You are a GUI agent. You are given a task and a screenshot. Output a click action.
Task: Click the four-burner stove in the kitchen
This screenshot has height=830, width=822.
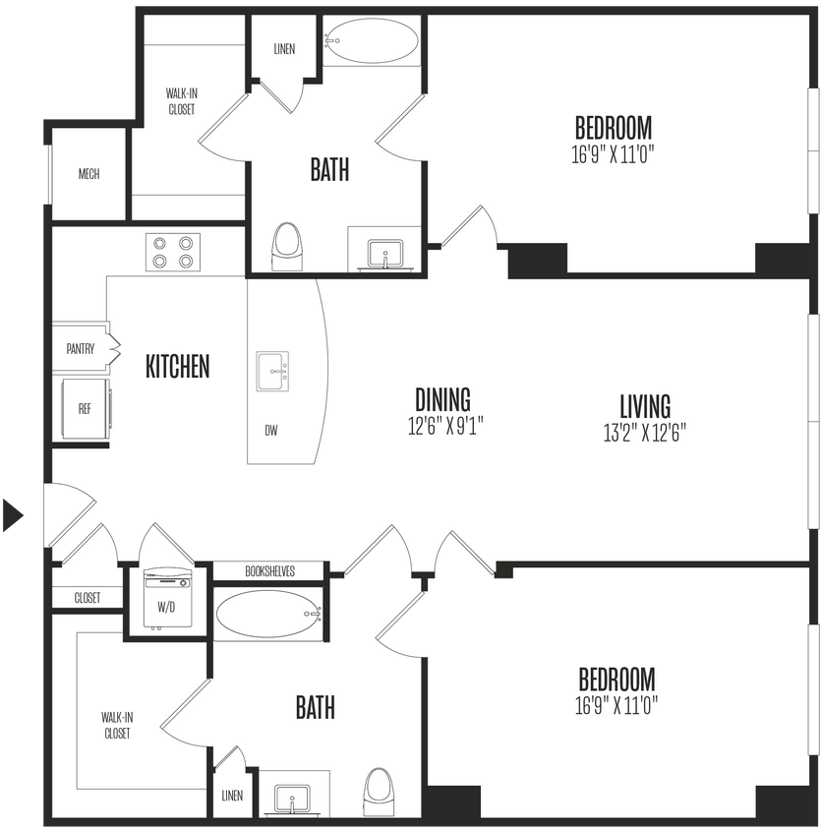(172, 252)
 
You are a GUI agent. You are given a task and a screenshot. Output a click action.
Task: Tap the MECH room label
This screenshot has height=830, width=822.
(88, 174)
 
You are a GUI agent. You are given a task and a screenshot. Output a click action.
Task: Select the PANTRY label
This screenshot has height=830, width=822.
(81, 348)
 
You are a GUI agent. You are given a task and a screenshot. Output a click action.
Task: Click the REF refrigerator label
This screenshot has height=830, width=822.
(85, 408)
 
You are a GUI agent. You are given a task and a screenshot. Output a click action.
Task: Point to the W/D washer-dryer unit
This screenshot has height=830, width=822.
(164, 598)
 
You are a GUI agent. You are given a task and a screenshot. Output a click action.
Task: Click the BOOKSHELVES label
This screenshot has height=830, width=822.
(267, 570)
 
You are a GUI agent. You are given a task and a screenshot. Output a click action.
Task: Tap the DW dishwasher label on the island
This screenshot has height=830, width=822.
(270, 430)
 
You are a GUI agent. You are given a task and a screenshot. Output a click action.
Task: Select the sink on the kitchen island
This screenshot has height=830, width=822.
(273, 371)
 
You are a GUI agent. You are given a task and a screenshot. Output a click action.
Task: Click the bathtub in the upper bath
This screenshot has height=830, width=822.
(372, 41)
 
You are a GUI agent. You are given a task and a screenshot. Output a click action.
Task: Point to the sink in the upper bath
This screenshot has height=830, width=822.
(383, 253)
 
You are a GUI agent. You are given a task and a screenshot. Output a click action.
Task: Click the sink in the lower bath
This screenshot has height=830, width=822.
(292, 799)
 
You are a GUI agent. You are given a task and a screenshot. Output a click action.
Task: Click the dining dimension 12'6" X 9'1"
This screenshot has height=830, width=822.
(442, 426)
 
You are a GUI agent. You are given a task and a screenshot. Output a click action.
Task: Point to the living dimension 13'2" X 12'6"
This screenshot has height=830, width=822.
(645, 432)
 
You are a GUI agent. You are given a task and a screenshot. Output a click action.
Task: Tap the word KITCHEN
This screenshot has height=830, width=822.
(178, 367)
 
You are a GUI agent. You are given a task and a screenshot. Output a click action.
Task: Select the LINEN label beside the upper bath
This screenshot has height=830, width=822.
(283, 49)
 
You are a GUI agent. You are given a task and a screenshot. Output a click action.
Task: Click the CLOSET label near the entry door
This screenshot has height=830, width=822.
(88, 597)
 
